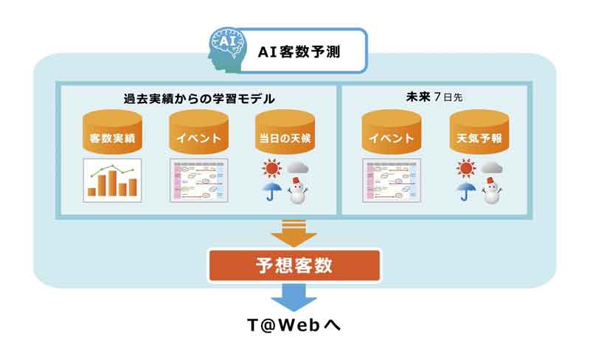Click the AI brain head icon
tap(227, 49)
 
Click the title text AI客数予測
tap(299, 52)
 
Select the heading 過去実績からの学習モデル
tap(199, 99)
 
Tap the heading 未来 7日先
tap(434, 97)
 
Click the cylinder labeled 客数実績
tap(112, 132)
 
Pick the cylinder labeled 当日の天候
tap(285, 132)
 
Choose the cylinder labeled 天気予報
tap(479, 132)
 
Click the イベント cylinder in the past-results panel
tap(198, 132)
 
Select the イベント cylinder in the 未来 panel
tap(392, 132)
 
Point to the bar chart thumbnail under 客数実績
tap(112, 181)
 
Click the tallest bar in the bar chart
tap(113, 184)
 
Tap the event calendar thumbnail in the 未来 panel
tap(392, 181)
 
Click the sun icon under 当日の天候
tap(271, 168)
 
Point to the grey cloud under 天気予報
tap(492, 167)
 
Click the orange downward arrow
tap(294, 233)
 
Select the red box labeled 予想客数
tap(294, 266)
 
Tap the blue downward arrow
tap(294, 297)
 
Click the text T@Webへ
tap(294, 325)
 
